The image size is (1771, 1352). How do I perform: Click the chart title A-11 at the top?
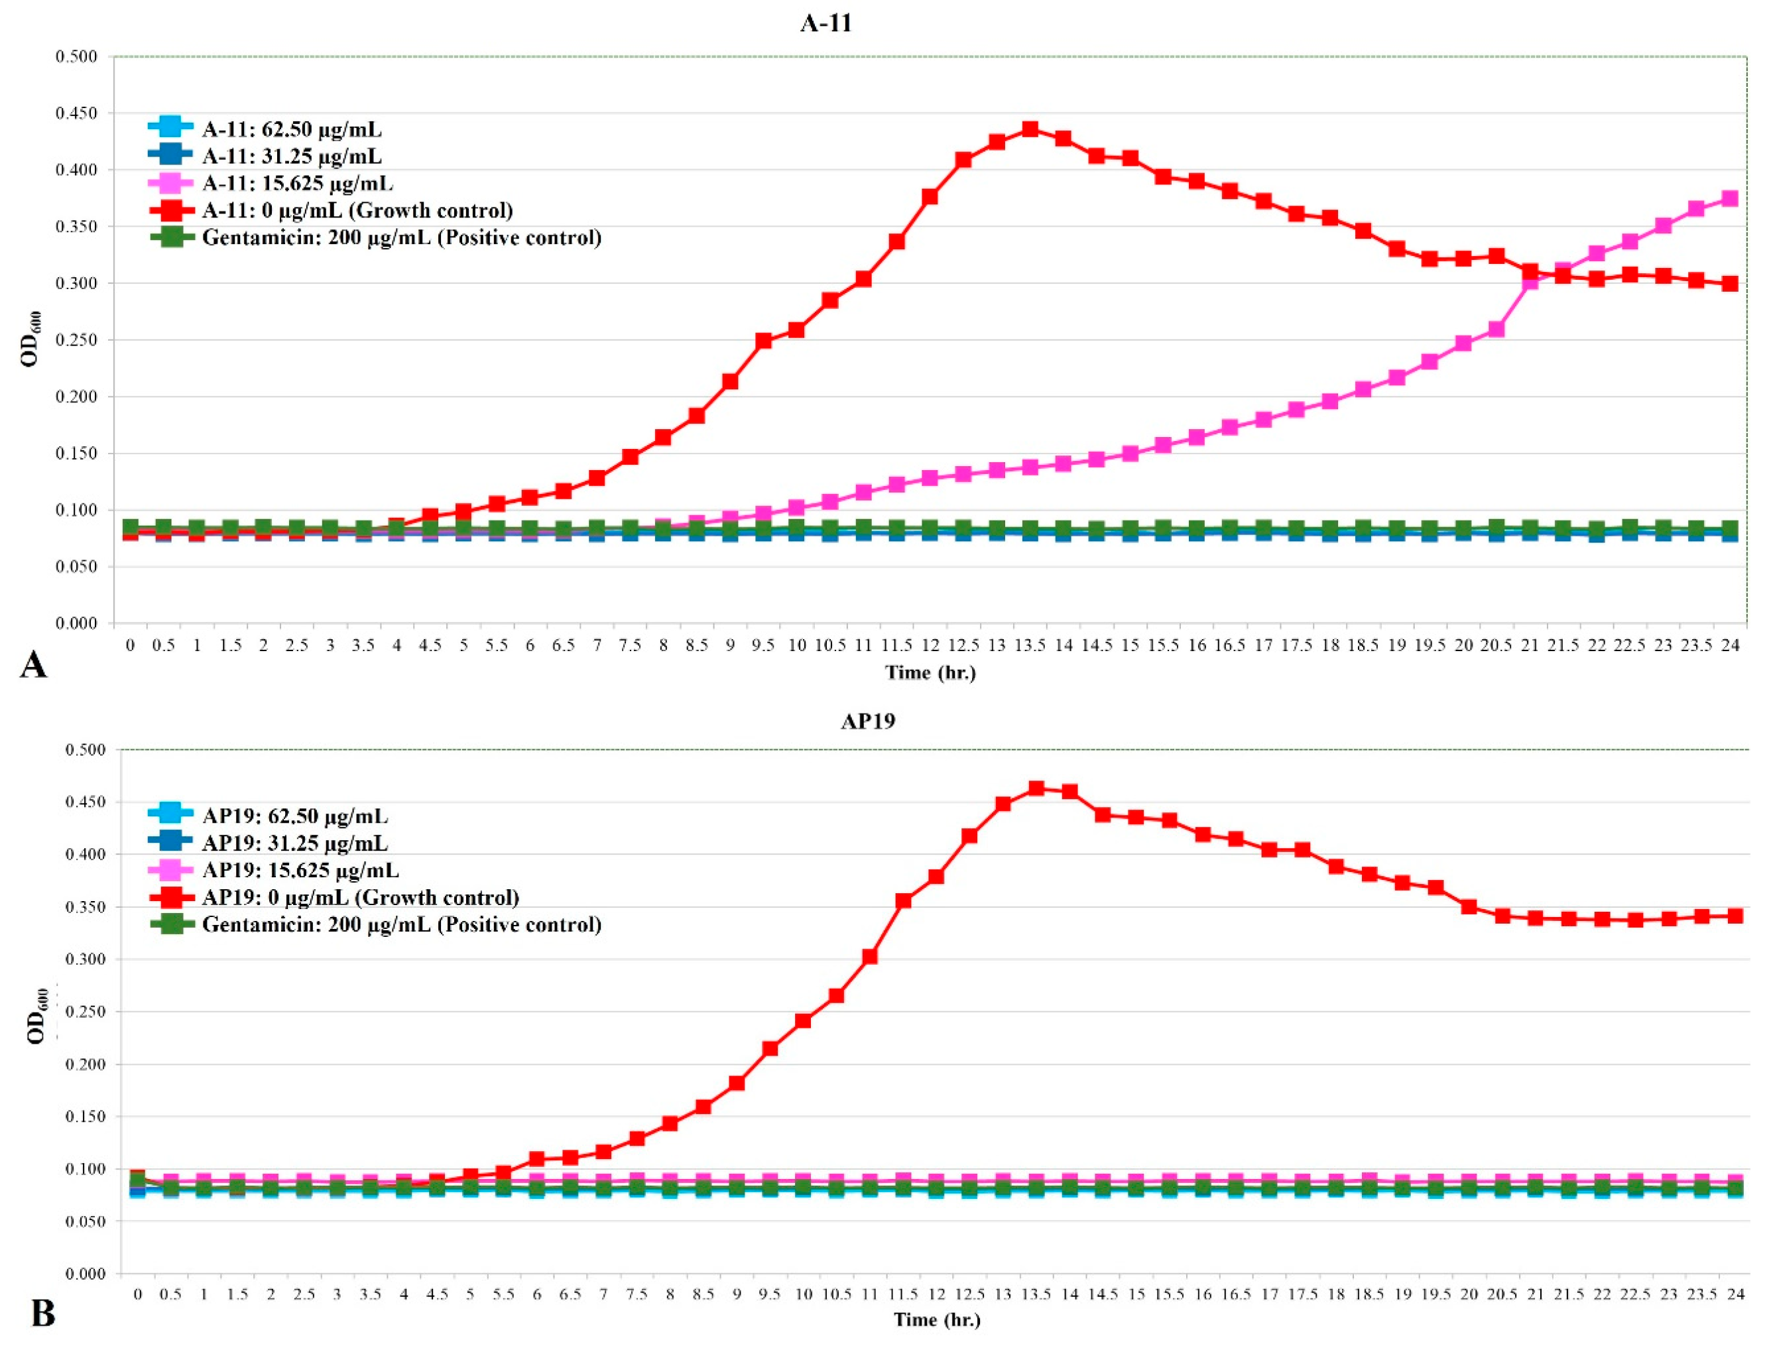pyautogui.click(x=825, y=23)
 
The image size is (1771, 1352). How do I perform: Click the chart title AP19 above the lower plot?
pyautogui.click(x=867, y=721)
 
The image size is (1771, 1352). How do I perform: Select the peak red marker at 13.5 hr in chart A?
pyautogui.click(x=1030, y=129)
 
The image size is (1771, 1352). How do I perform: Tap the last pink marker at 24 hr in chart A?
pyautogui.click(x=1730, y=199)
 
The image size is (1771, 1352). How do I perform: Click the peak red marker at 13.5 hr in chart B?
pyautogui.click(x=1036, y=788)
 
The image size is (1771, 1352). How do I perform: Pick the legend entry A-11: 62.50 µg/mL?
pyautogui.click(x=291, y=129)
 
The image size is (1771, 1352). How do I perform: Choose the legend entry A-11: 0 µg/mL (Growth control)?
pyautogui.click(x=357, y=211)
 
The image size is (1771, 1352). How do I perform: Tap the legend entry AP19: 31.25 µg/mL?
pyautogui.click(x=294, y=843)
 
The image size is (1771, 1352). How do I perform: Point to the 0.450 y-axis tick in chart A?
pyautogui.click(x=76, y=113)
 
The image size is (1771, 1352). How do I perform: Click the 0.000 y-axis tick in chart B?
pyautogui.click(x=86, y=1273)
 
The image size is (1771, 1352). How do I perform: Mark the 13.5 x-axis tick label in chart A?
pyautogui.click(x=1030, y=645)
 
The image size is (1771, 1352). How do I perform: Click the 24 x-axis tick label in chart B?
pyautogui.click(x=1736, y=1294)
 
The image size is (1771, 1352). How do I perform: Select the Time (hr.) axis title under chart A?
pyautogui.click(x=930, y=673)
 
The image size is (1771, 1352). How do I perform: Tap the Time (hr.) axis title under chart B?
pyautogui.click(x=937, y=1320)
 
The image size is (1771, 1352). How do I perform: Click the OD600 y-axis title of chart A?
pyautogui.click(x=31, y=339)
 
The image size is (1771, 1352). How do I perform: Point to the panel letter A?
pyautogui.click(x=33, y=666)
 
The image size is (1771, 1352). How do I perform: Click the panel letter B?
pyautogui.click(x=42, y=1314)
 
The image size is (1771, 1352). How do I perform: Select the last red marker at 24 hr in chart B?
pyautogui.click(x=1735, y=916)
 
